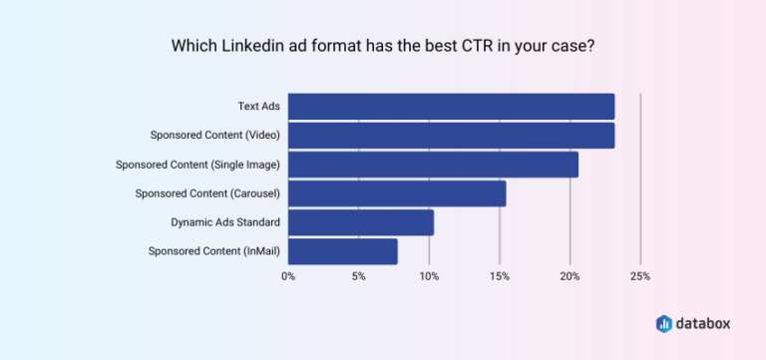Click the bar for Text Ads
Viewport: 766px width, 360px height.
(451, 107)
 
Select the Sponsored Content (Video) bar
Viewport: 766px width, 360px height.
(451, 136)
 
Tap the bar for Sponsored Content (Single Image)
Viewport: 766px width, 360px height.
(433, 165)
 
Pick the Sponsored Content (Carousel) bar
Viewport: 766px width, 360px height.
(397, 193)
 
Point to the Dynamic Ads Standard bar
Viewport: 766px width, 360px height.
(361, 222)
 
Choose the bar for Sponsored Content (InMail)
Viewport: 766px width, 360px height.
(343, 251)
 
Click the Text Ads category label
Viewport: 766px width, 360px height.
(258, 107)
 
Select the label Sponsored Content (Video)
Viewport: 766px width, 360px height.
(214, 136)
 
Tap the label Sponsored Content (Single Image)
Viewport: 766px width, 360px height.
(197, 165)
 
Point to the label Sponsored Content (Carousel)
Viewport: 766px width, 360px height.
(207, 193)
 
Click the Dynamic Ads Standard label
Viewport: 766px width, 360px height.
(225, 222)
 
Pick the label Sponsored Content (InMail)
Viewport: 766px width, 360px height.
(213, 251)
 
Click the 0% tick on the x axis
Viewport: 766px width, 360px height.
(288, 276)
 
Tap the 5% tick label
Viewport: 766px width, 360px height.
(358, 276)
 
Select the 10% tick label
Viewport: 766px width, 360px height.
(429, 276)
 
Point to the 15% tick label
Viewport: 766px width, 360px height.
(499, 276)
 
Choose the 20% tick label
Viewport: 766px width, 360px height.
(570, 276)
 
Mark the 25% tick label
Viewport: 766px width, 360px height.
(639, 276)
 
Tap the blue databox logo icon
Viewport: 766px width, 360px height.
(664, 323)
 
